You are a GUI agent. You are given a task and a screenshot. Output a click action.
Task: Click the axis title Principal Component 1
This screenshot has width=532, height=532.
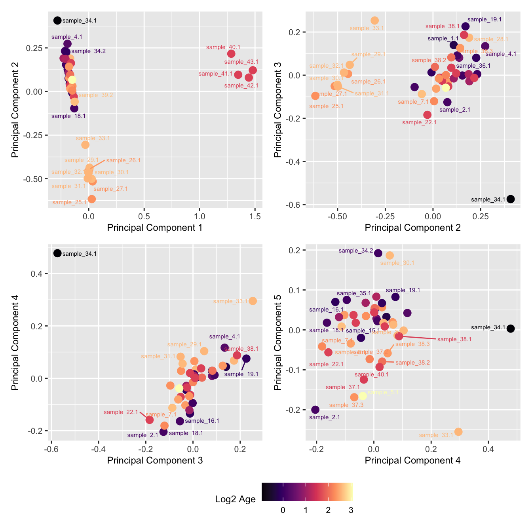point(155,228)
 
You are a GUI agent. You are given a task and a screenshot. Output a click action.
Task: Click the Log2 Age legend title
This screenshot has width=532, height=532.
point(235,499)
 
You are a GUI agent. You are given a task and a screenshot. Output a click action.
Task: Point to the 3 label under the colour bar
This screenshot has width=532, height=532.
point(351,510)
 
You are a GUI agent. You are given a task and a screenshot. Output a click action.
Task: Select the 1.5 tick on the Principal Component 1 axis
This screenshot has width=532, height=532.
point(255,216)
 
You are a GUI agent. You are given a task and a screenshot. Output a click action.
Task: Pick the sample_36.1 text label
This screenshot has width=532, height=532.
point(473,66)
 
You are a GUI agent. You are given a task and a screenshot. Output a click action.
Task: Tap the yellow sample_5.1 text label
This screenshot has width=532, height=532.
point(383,392)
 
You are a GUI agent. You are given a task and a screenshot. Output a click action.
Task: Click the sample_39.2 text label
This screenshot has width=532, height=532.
point(96,95)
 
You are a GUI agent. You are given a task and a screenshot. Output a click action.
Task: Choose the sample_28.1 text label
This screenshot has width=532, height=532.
point(491,39)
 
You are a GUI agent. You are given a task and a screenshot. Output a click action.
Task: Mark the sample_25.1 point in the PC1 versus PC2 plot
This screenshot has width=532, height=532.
point(91,199)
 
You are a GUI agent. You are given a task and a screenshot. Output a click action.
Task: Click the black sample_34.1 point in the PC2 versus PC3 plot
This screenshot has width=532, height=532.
point(511,199)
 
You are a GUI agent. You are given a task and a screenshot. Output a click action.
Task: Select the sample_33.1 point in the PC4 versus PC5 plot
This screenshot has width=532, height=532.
point(458,431)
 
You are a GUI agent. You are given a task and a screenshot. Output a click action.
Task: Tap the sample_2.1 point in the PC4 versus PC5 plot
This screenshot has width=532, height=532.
point(315,409)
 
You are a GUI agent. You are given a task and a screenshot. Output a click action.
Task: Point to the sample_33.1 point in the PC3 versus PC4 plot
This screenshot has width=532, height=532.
point(253,301)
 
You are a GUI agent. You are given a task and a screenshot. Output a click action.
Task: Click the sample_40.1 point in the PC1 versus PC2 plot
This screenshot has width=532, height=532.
point(231,54)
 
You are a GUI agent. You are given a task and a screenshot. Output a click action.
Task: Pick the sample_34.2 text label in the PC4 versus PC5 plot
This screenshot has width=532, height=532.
point(355,251)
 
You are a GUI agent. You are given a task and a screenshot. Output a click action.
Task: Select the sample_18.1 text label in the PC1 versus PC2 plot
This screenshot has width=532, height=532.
point(68,116)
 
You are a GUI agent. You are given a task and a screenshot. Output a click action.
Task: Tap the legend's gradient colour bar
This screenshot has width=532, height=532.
point(307,492)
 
